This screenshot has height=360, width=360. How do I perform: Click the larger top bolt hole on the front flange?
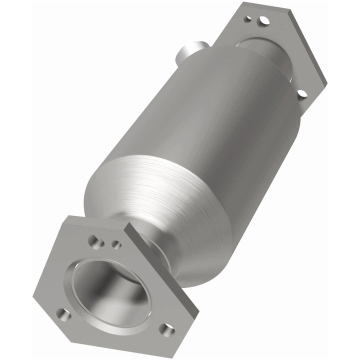(x=95, y=243)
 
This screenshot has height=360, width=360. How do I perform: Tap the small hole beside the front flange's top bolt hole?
(x=116, y=244)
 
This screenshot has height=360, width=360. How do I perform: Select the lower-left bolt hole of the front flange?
(x=63, y=314)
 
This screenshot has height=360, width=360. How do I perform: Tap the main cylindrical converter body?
(x=210, y=115)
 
